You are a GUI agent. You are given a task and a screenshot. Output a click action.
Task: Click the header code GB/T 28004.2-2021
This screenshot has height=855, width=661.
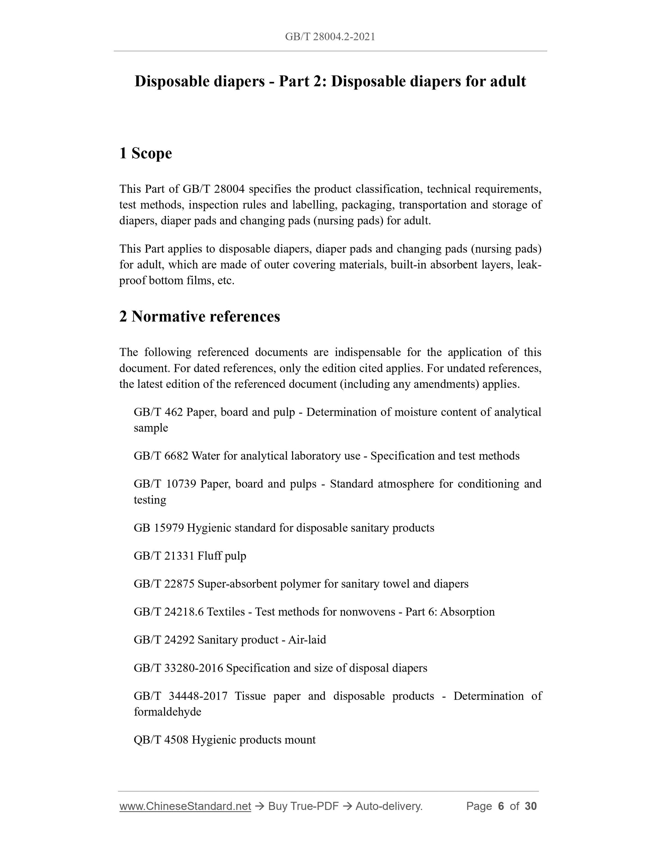[330, 37]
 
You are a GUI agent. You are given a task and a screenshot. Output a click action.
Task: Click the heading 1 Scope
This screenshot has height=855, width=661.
[145, 153]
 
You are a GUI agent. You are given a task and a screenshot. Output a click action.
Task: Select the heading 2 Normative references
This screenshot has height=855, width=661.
[199, 316]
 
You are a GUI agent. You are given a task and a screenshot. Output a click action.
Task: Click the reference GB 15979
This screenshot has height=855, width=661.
[159, 528]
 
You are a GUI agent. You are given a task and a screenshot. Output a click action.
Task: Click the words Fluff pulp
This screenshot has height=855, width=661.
[222, 556]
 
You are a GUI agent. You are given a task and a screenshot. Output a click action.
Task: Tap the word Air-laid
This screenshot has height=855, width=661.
[307, 640]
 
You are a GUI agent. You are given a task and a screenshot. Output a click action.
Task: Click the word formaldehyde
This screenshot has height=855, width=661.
[167, 712]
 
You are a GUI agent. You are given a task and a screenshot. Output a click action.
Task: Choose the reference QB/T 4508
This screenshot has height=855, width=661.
[161, 740]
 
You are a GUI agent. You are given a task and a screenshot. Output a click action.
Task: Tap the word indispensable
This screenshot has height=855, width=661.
[367, 352]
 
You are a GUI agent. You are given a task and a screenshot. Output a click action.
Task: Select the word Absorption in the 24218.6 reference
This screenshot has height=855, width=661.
[467, 612]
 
